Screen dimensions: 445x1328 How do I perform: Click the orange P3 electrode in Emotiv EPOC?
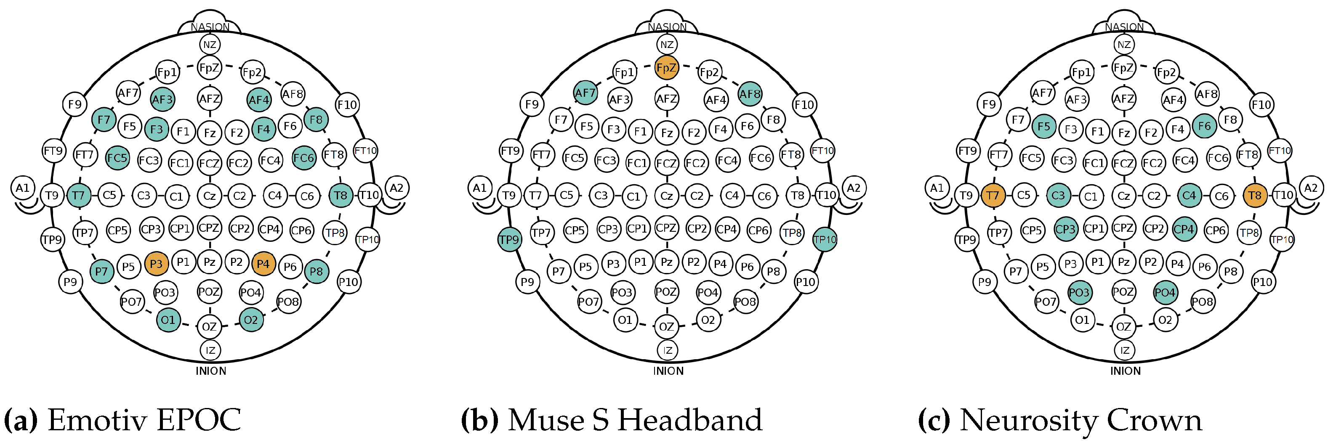[x=156, y=264]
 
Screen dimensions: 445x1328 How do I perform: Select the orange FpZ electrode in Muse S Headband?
[x=666, y=67]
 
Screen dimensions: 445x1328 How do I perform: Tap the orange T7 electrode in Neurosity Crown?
[x=993, y=196]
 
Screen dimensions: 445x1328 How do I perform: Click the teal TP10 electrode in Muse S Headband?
[x=824, y=239]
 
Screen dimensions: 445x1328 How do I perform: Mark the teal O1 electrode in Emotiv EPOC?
[x=168, y=320]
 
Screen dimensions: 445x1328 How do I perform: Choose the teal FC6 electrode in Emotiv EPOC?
[x=303, y=158]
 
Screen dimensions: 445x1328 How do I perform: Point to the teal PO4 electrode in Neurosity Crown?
[x=1165, y=293]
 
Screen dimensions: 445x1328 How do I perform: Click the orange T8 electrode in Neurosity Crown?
[x=1254, y=196]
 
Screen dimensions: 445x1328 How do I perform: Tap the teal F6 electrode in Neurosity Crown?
[x=1204, y=126]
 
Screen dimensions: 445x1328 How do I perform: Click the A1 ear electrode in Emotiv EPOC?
[x=23, y=188]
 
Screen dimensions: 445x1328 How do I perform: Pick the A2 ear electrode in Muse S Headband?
[x=854, y=188]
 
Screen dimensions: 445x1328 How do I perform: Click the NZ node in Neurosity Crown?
[x=1124, y=45]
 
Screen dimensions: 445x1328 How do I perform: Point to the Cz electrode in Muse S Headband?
[x=667, y=196]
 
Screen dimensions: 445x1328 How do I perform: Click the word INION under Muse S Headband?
[x=668, y=371]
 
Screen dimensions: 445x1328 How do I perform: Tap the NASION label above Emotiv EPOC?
[x=210, y=27]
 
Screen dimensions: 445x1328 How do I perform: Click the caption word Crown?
[x=1158, y=420]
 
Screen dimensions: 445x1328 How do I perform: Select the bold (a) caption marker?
[x=21, y=420]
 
